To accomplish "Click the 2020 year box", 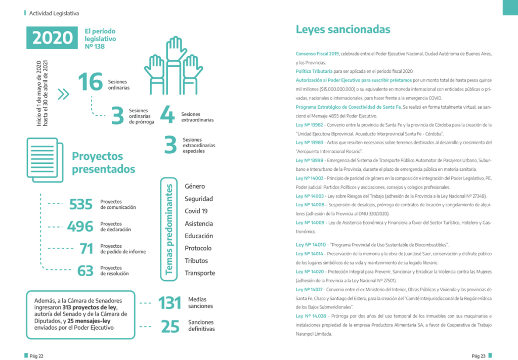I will tap(52, 38).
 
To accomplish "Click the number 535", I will tap(81, 204).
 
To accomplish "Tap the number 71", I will tap(87, 249).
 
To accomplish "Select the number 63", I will tap(85, 271).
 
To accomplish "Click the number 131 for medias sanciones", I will tap(169, 303).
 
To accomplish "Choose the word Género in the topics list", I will tap(195, 187).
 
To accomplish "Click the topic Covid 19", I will tap(196, 211).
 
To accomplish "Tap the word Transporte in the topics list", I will tap(200, 273).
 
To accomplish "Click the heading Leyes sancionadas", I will tap(343, 29).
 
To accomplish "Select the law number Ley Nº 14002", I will tap(310, 178).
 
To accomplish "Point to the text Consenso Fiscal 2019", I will tap(317, 53).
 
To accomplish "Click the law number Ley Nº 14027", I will tap(310, 289).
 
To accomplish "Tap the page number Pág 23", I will tap(479, 356).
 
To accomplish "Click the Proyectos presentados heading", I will tap(104, 162).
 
